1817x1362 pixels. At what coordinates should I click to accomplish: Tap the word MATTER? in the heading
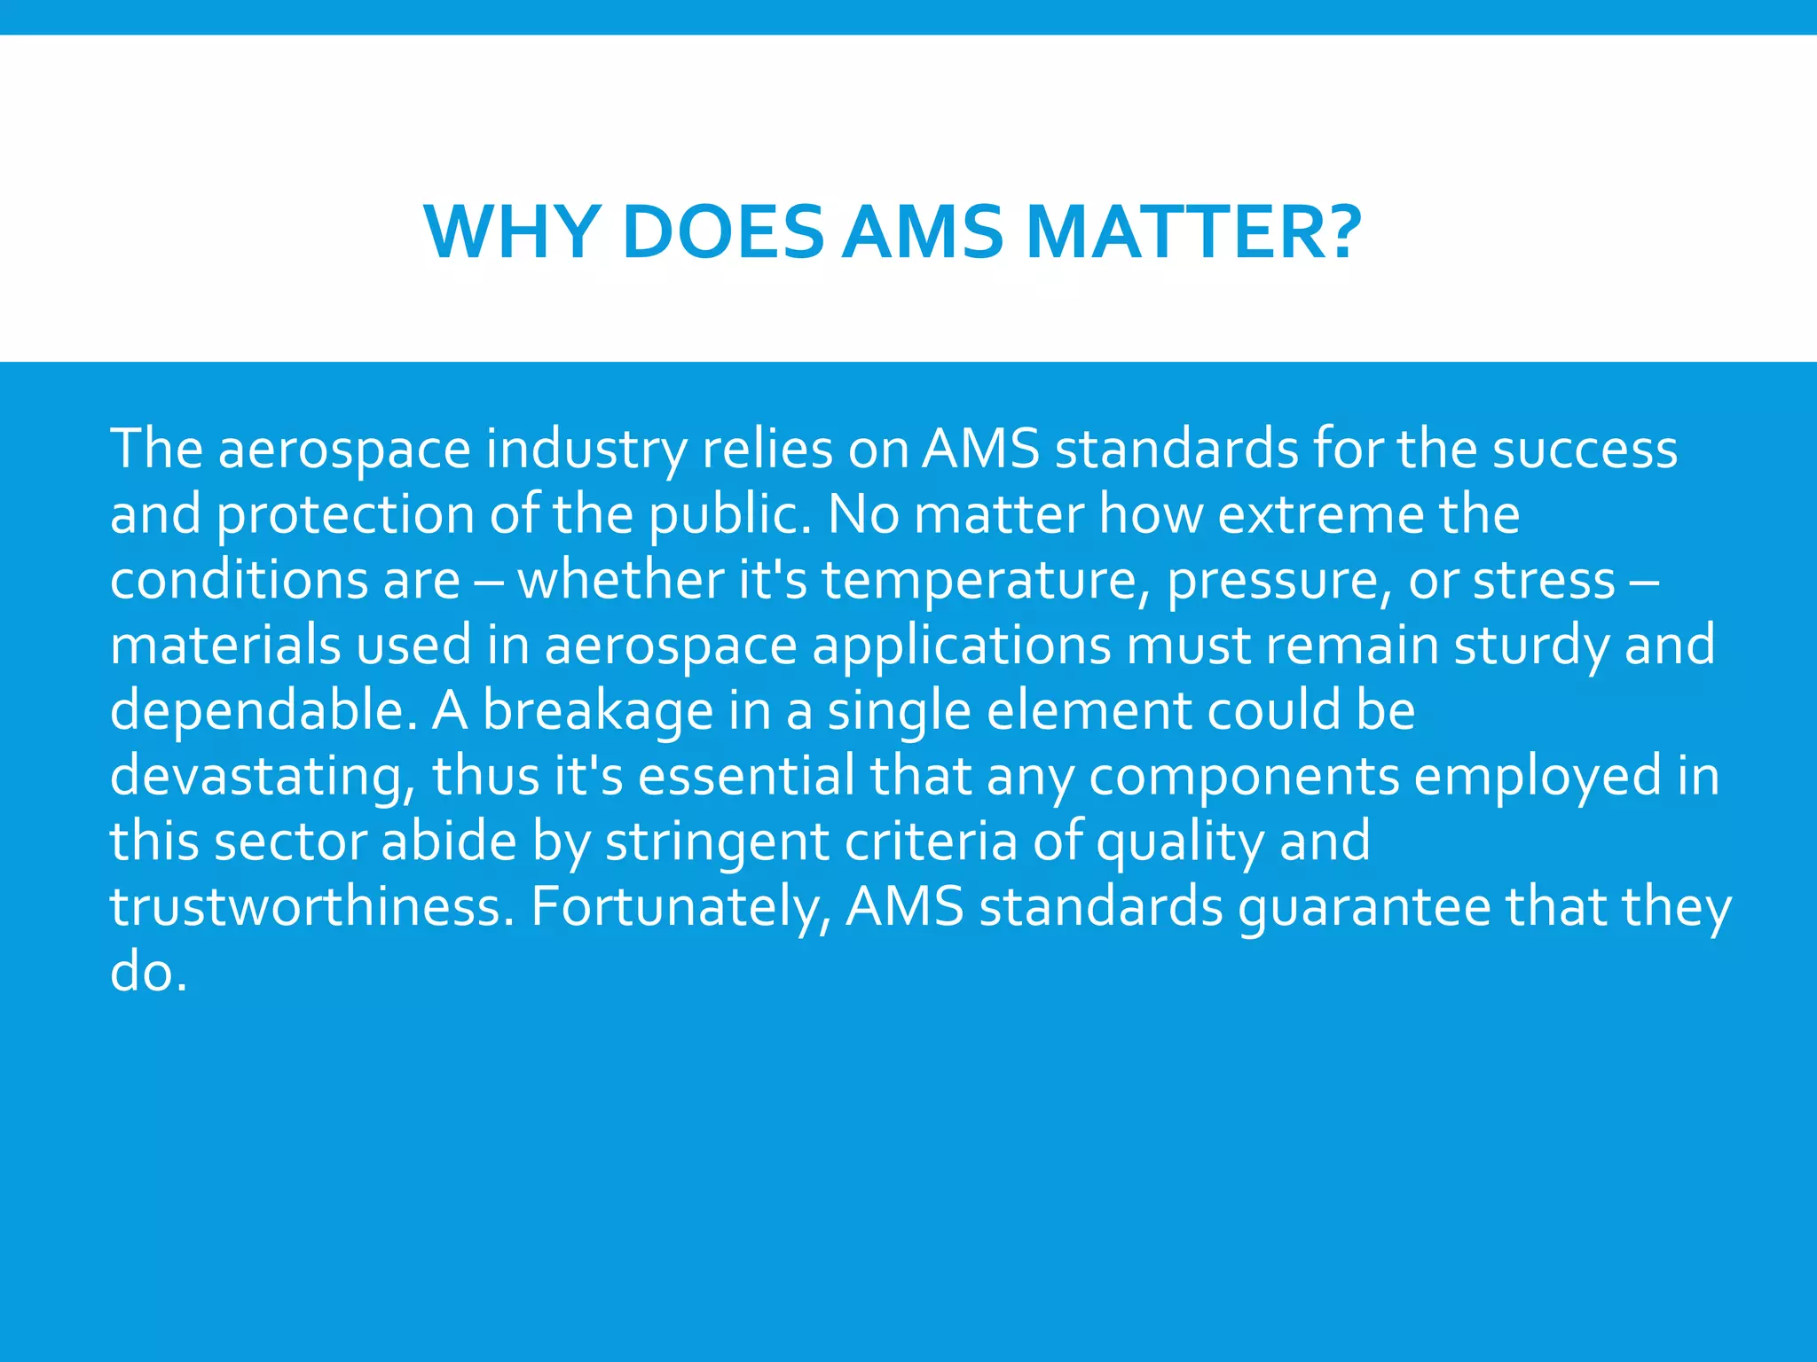(x=1192, y=232)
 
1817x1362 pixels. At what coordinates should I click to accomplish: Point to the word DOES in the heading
(x=723, y=232)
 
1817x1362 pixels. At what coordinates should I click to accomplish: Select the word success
(x=1585, y=449)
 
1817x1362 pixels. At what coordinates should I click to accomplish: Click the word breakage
(x=598, y=710)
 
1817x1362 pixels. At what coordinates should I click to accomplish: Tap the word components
(x=1243, y=776)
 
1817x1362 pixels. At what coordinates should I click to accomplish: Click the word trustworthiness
(x=311, y=907)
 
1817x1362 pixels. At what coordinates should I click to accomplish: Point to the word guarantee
(x=1364, y=907)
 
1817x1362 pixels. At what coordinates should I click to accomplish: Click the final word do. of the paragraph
(x=148, y=973)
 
